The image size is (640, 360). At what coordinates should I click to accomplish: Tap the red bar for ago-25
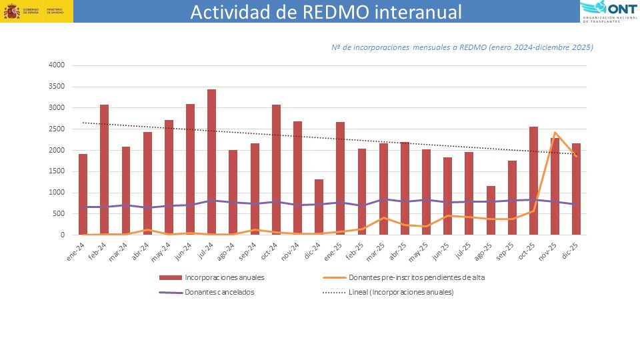491,210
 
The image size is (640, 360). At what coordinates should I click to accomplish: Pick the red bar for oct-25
533,181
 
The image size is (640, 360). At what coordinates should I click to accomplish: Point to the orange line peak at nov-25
555,132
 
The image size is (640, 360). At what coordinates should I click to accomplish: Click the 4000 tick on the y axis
56,65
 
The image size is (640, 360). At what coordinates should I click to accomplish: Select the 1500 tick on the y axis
56,171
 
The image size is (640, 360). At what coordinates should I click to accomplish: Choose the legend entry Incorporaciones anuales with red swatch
215,277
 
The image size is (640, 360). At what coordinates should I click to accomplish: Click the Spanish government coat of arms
11,12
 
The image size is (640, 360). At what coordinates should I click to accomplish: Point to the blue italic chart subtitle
462,47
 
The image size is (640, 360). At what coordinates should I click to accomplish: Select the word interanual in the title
419,13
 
